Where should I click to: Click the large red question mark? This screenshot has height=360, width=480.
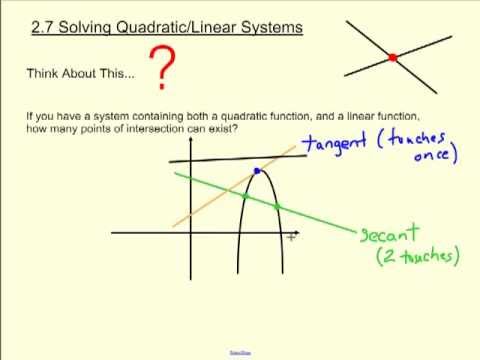163,68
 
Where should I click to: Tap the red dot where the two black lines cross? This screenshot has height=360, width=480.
393,57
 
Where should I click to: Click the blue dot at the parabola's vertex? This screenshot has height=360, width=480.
257,172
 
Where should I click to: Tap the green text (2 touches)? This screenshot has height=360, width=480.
417,257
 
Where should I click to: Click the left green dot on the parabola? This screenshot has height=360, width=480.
245,195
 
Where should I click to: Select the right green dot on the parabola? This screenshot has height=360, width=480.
278,207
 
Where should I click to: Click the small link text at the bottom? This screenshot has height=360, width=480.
240,352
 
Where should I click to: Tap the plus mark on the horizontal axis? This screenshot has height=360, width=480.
291,238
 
